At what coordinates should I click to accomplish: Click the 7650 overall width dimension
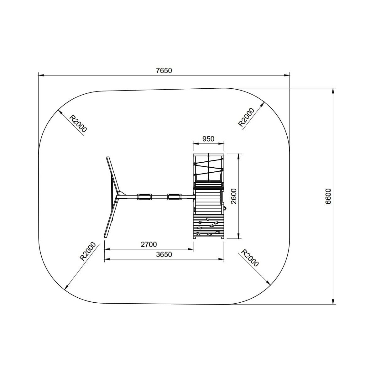point(164,70)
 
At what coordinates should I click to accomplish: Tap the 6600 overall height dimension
point(328,196)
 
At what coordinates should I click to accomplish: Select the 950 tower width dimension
point(208,139)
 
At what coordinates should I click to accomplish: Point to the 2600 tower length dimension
point(233,196)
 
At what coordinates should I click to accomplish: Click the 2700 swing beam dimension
point(149,244)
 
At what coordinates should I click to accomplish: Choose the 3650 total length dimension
point(164,254)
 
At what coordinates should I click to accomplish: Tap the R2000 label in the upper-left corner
point(78,123)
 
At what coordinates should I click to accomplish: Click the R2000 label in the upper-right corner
point(247,117)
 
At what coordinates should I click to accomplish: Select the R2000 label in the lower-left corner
point(88,251)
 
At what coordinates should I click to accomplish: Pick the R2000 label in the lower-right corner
point(250,258)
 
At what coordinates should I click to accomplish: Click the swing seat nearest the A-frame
point(144,197)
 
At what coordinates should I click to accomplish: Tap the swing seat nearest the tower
point(174,197)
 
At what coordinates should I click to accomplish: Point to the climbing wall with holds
point(208,226)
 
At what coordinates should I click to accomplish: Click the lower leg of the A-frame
point(111,218)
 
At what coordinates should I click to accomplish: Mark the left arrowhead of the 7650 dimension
point(41,75)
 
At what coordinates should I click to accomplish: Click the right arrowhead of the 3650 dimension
point(221,259)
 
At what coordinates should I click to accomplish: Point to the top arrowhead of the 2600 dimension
point(238,157)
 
